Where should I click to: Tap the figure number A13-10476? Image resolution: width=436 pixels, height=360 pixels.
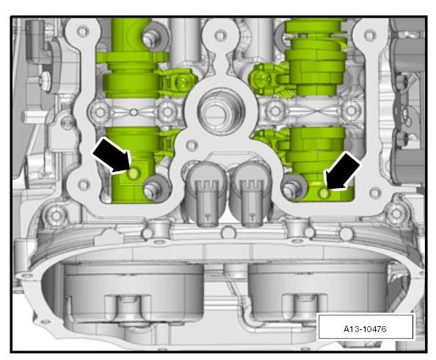[365, 329]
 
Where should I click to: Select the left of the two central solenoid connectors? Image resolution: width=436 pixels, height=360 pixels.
[206, 192]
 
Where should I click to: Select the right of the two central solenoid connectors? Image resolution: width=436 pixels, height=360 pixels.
[250, 192]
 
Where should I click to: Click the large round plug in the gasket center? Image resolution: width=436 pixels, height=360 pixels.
[221, 110]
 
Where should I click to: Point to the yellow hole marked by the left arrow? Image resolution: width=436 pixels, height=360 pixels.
[133, 173]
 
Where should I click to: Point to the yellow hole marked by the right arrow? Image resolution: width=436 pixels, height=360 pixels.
[324, 193]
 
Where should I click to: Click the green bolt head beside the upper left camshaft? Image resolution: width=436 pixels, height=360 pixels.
[182, 82]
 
